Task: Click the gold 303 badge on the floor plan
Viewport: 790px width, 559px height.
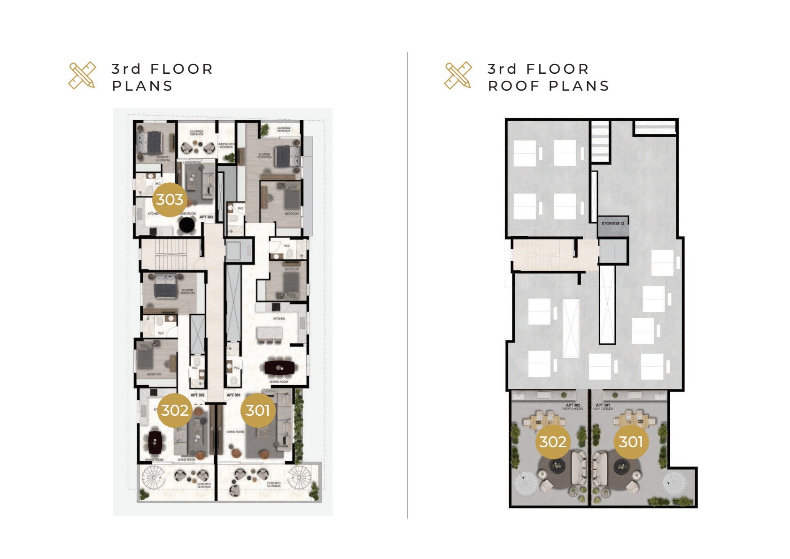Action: click(170, 200)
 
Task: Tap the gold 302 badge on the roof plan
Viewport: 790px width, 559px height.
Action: click(553, 442)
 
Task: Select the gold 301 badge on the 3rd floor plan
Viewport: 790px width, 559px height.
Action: click(258, 411)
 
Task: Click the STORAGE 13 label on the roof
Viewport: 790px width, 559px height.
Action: click(613, 224)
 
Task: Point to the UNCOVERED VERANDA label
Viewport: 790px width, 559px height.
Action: click(226, 146)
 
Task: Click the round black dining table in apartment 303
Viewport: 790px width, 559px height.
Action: click(187, 225)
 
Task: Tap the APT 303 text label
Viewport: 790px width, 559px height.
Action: click(206, 217)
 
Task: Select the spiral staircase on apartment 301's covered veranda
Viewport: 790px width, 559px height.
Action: click(300, 476)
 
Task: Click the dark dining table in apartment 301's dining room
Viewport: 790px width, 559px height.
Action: click(279, 367)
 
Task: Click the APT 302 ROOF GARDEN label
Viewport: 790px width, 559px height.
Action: click(573, 407)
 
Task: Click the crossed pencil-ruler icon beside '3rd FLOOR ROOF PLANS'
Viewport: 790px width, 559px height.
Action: click(458, 75)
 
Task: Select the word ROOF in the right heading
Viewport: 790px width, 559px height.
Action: click(514, 86)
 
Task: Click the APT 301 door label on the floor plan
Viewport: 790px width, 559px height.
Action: click(233, 395)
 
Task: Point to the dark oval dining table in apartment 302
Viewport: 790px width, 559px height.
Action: click(155, 441)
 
